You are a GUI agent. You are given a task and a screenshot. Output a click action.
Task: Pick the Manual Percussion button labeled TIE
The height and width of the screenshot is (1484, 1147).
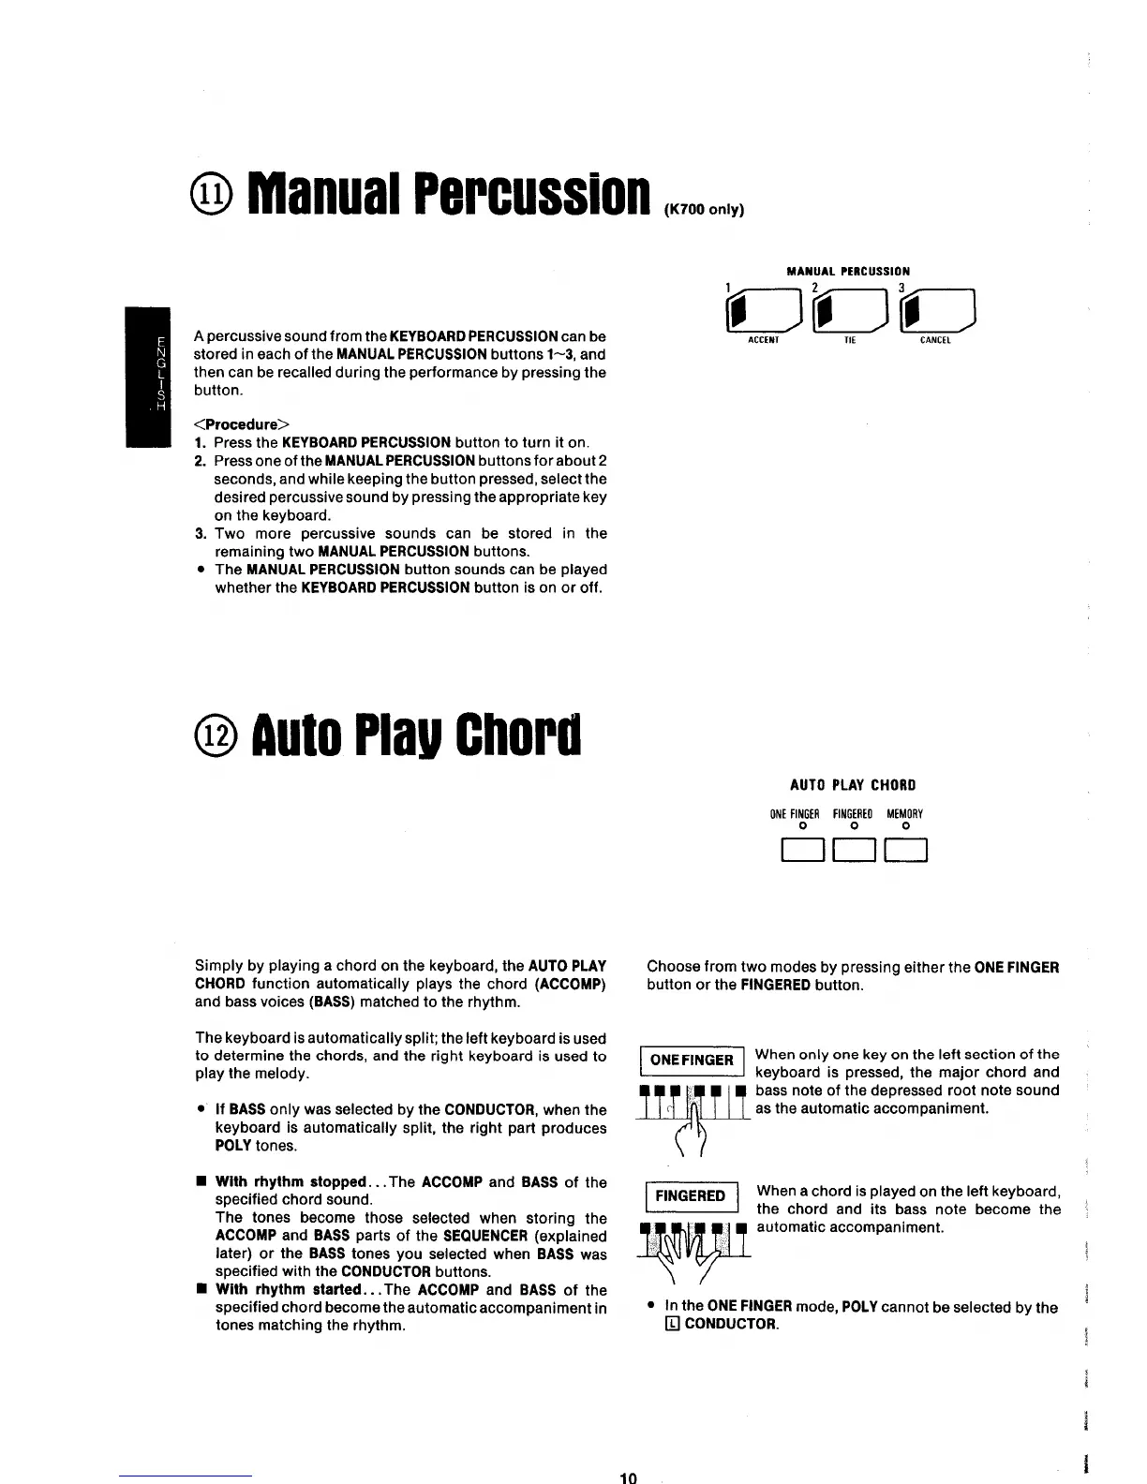(850, 311)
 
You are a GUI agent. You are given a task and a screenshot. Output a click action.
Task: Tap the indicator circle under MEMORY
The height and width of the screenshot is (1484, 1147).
(905, 826)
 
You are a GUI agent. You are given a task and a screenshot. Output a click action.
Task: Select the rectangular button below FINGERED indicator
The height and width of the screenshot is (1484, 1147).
(854, 852)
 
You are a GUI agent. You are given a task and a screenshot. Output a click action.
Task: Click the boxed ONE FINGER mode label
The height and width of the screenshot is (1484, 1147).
(692, 1060)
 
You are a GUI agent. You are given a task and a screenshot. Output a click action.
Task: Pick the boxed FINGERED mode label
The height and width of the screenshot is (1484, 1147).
(690, 1196)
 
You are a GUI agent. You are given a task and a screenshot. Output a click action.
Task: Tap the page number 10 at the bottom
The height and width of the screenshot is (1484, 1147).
(628, 1477)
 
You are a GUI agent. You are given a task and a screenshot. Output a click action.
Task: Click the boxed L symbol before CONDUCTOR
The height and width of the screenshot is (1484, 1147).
(672, 1325)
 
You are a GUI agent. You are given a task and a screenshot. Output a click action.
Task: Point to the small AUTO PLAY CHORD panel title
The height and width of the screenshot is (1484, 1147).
(853, 785)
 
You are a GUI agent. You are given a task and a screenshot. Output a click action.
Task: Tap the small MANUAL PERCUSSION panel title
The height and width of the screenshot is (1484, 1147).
(849, 272)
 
